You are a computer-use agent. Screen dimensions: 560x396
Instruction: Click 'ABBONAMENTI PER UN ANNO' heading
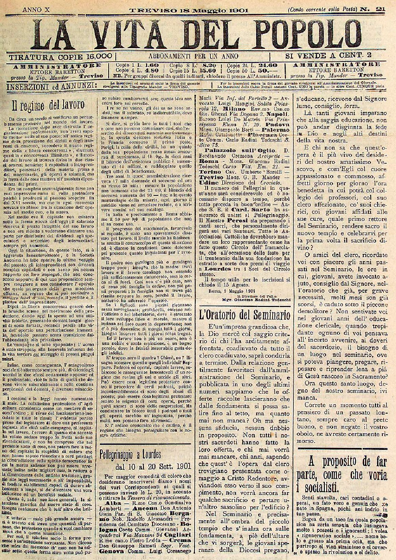(x=193, y=56)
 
